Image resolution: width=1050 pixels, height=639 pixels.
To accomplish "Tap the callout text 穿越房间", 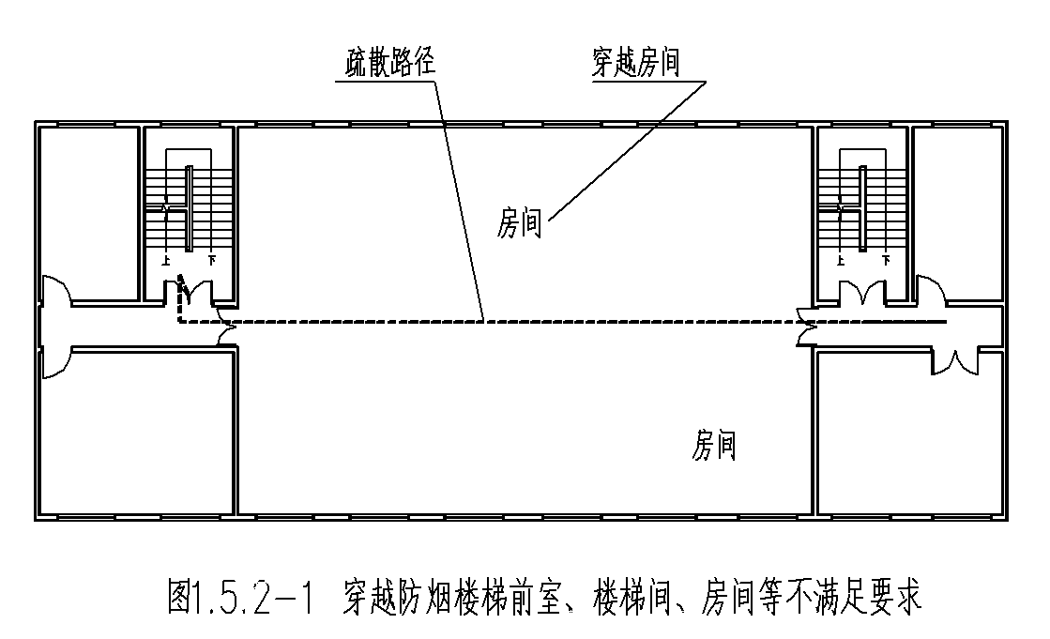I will click(635, 64).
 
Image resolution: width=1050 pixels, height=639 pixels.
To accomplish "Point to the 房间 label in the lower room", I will click(714, 445).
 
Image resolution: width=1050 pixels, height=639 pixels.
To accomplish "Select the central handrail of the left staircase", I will click(189, 207).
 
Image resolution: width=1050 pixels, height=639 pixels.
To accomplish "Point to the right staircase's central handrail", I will click(862, 207).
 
